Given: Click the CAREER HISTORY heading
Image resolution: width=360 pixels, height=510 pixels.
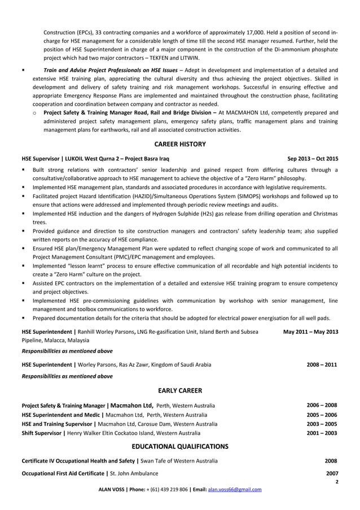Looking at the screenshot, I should point(180,144).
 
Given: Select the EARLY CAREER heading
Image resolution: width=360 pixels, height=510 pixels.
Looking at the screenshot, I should point(180,390).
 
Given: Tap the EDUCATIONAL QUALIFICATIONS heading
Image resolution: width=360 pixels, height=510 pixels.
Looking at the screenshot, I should point(180,446).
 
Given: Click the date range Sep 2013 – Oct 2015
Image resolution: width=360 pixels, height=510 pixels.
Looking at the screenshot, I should point(313,159).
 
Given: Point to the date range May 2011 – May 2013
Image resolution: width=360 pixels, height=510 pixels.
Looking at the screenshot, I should point(310,332).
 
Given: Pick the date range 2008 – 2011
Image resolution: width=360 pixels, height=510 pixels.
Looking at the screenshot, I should point(322,365).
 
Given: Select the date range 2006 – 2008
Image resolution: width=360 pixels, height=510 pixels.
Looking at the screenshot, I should point(322,406).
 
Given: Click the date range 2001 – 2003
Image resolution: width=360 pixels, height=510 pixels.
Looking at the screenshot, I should point(322,433).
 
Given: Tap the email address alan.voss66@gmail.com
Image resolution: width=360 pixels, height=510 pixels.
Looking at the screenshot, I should point(235,489).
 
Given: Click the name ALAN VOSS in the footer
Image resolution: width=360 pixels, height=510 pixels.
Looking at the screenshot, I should point(111,489).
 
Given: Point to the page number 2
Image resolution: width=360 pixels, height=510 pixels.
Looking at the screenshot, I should point(336,482).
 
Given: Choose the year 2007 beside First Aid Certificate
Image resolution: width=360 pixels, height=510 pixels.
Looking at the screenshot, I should point(332,473).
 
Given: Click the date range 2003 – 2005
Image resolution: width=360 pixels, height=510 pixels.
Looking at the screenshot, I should point(322,424).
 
